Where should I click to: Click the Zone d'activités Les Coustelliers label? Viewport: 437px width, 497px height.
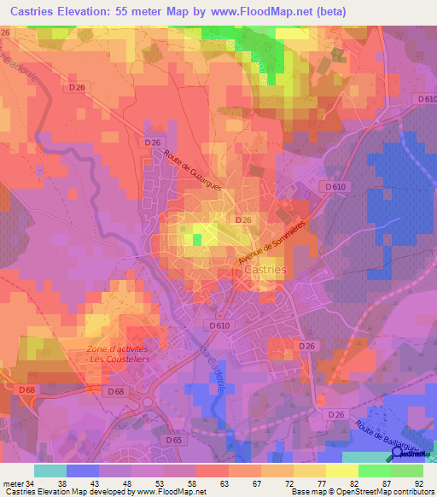[x=118, y=354]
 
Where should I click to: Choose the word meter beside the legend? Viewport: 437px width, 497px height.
[x=12, y=483]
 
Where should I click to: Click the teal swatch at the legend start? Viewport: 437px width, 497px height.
[x=50, y=471]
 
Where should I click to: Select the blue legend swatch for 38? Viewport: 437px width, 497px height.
[x=83, y=471]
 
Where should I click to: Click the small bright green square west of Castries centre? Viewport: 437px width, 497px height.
[x=197, y=240]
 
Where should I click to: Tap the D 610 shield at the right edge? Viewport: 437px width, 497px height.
[x=423, y=99]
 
